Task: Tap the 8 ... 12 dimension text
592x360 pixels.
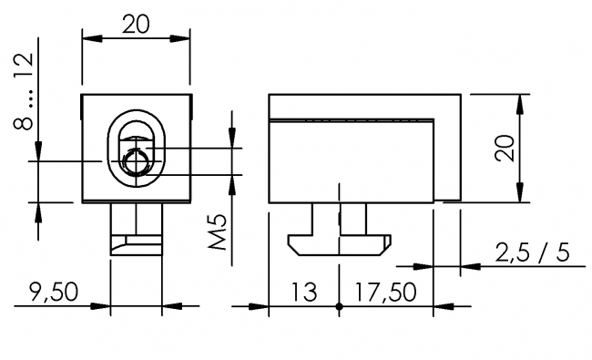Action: (x=25, y=91)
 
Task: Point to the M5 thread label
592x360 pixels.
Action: (x=217, y=235)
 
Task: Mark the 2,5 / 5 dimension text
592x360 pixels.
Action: (x=532, y=252)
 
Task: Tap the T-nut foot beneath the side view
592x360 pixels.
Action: (x=338, y=242)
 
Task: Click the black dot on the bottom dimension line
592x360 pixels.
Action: (x=339, y=306)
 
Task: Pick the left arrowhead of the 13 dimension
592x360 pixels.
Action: (x=275, y=306)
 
